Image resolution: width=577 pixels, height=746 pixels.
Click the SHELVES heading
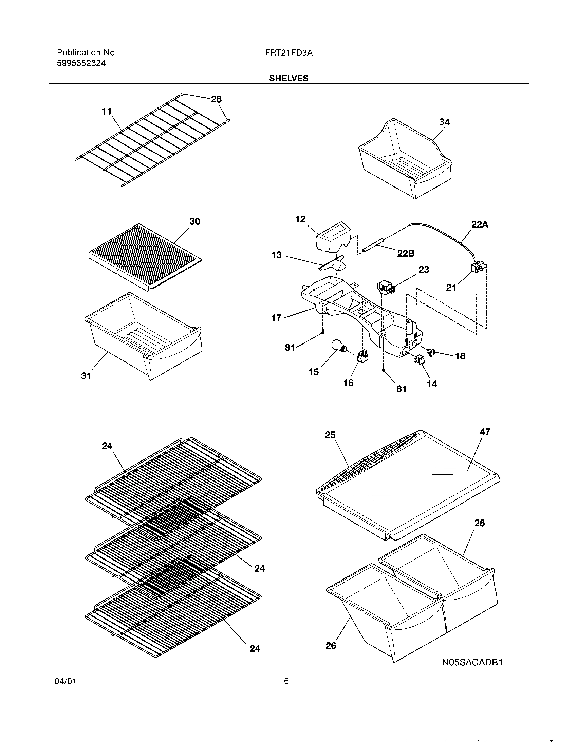288,78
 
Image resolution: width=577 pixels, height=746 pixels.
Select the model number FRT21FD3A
289,53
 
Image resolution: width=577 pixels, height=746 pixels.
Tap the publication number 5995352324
81,63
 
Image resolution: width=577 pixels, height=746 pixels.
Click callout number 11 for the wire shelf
107,111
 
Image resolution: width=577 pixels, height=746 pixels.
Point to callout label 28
216,99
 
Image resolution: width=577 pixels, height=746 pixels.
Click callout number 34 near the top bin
444,122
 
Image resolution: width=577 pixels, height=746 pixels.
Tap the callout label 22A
480,224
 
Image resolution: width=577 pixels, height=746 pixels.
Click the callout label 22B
406,253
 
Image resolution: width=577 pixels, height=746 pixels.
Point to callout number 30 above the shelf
194,221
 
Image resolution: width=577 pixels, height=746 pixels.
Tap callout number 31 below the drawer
86,376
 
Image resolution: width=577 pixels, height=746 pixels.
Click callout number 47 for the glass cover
485,432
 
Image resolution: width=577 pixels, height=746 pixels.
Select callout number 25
330,435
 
